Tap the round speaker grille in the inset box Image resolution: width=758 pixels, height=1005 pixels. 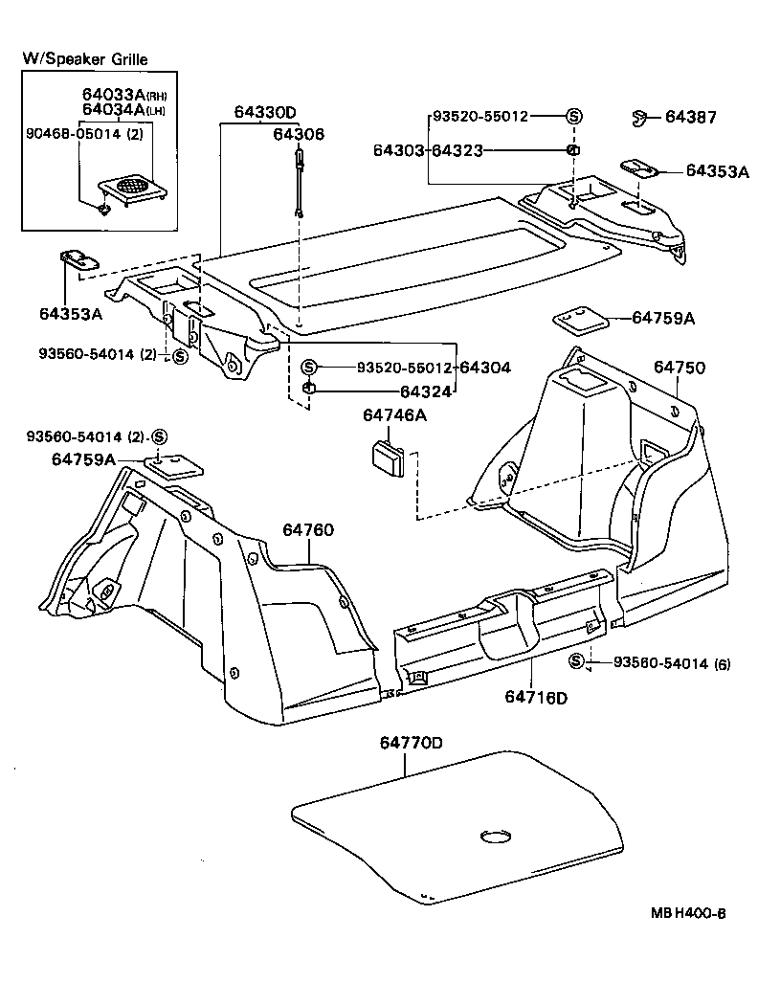click(132, 182)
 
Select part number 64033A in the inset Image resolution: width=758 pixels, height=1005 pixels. click(110, 94)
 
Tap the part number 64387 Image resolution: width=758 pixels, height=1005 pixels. click(690, 118)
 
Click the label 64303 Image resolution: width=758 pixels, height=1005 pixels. click(399, 150)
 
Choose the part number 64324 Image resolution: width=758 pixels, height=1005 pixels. click(426, 391)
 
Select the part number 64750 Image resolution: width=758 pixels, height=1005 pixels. click(680, 367)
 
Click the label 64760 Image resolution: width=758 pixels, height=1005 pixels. click(308, 529)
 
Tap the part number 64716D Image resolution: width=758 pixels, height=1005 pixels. click(535, 696)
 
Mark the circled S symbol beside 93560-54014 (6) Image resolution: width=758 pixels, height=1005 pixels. click(576, 661)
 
